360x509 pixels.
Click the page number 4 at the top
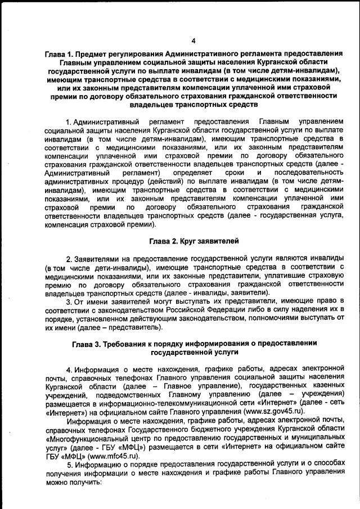coord(193,40)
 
